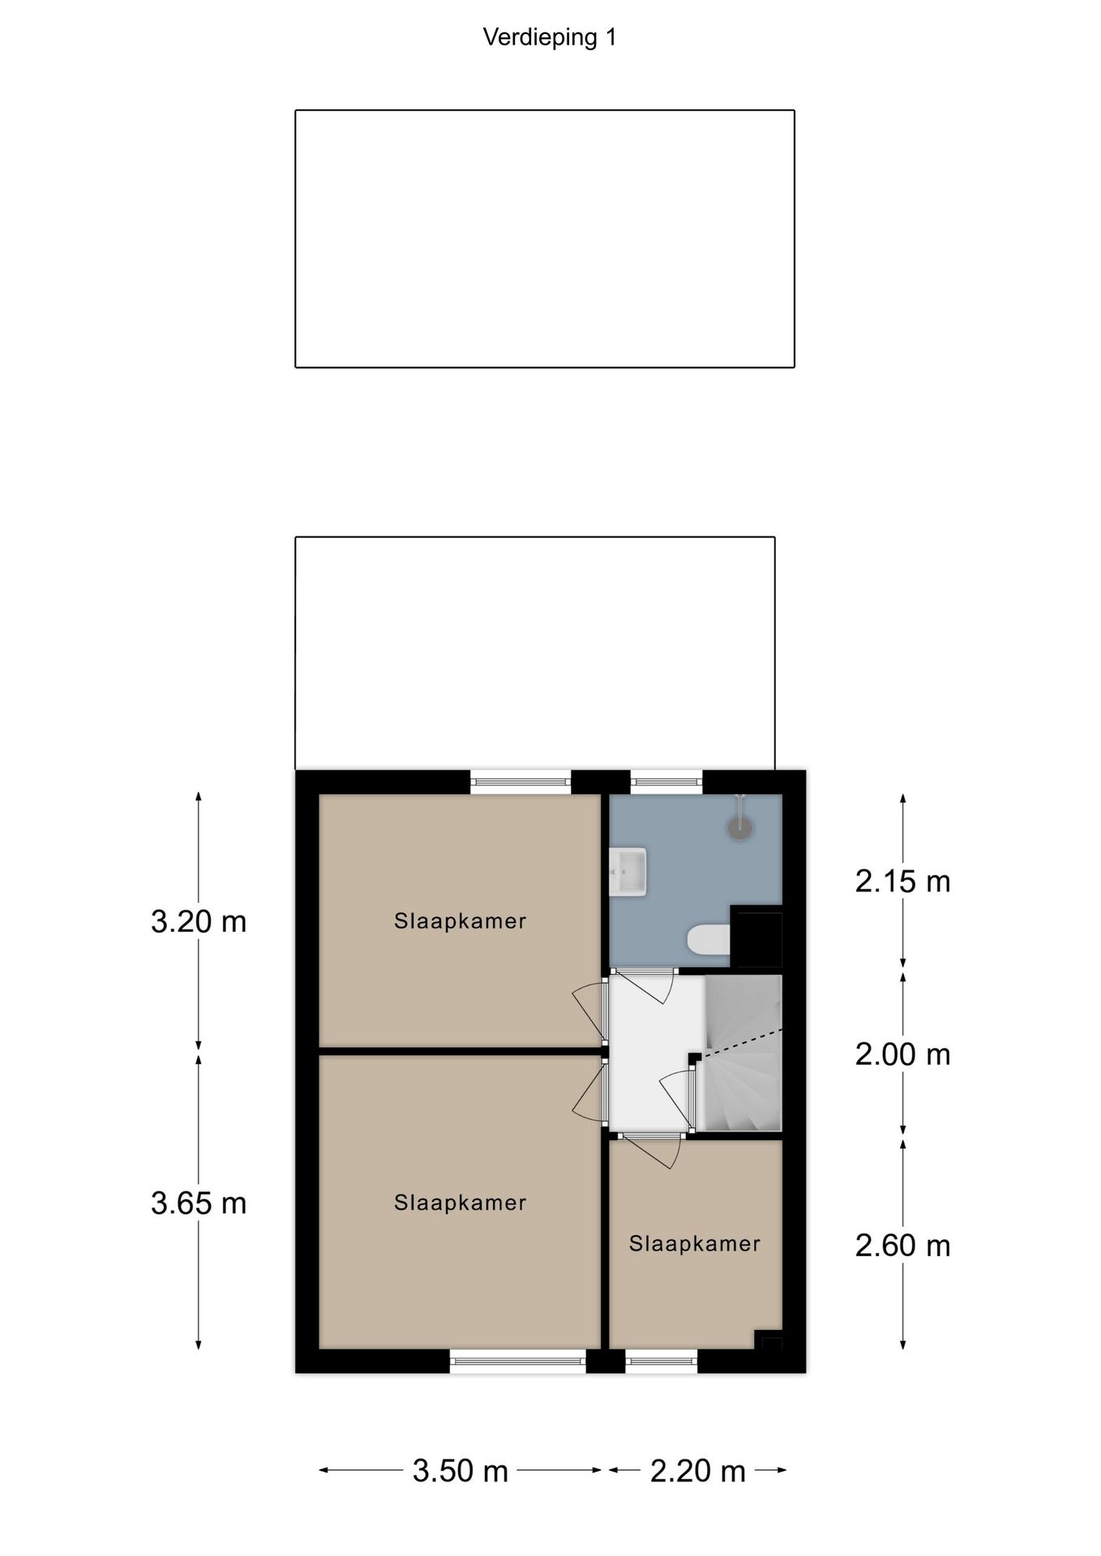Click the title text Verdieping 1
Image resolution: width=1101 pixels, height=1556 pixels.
(550, 37)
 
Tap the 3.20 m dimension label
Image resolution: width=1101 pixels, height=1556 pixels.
(199, 921)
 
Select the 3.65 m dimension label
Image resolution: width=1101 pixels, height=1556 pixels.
(199, 1203)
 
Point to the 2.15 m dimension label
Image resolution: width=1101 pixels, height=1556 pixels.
(902, 881)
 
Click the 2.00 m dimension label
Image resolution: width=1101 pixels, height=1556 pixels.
(902, 1054)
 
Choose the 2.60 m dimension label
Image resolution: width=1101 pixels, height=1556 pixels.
(902, 1245)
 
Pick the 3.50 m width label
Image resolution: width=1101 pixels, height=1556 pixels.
(460, 1470)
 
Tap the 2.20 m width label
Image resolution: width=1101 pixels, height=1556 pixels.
(697, 1470)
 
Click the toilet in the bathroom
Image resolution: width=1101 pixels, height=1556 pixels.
(708, 940)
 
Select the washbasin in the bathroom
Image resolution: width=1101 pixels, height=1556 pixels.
(628, 872)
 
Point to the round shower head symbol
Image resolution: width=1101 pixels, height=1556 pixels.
(739, 827)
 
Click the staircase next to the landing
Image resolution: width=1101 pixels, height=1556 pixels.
(742, 1054)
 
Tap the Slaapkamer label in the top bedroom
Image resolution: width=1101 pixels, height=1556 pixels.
(460, 921)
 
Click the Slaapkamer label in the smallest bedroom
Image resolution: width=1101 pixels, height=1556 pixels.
(695, 1244)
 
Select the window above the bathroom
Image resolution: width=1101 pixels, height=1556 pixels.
(666, 782)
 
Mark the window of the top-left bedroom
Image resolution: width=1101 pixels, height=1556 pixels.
(521, 782)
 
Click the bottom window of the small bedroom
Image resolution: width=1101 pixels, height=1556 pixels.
(662, 1361)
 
